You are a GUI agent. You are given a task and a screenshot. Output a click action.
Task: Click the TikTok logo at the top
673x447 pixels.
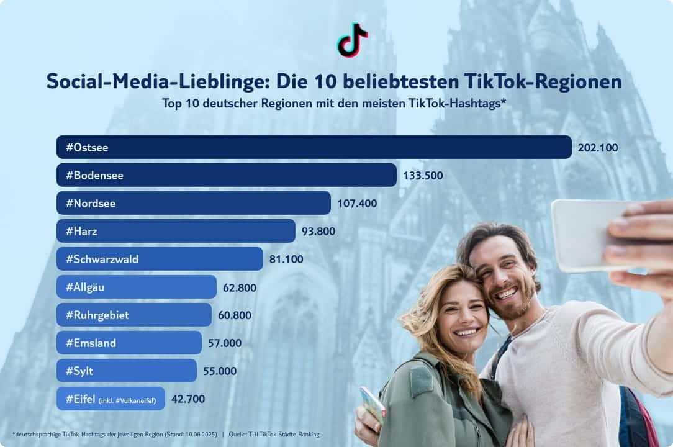point(352,39)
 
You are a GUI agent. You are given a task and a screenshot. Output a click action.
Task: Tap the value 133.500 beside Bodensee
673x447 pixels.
point(423,175)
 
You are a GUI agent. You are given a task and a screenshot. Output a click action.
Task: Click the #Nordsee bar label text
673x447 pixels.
point(91,203)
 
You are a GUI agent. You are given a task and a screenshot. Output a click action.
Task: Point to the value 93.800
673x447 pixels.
point(318,231)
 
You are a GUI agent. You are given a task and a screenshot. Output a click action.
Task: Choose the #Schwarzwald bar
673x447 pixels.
point(160,259)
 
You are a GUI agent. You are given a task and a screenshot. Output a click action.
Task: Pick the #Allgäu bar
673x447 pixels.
point(136,287)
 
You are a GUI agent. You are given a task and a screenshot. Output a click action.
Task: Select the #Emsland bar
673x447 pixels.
point(129,343)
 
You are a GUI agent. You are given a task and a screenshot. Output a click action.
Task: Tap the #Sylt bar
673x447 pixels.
point(126,371)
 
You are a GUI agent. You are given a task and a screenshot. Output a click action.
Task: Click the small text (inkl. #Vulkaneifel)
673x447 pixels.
point(127,400)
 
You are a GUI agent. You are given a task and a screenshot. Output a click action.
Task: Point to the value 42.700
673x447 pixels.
point(188,399)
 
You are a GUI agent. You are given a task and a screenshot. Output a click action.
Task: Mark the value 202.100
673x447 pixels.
point(598,147)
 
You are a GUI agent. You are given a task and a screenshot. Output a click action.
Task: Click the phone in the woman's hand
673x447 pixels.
point(373,404)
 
